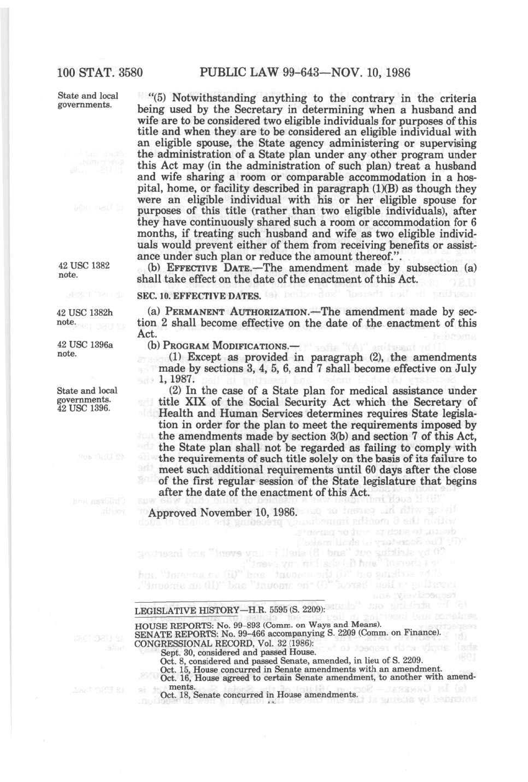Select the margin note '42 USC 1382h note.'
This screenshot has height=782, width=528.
(x=85, y=317)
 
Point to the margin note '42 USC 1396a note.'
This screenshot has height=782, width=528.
(x=85, y=349)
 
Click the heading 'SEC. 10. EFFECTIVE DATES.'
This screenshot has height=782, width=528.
(x=199, y=296)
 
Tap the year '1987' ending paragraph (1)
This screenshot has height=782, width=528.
(x=182, y=379)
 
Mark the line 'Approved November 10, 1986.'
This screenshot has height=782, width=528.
(x=223, y=513)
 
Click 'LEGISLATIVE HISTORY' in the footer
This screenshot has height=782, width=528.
(x=184, y=610)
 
